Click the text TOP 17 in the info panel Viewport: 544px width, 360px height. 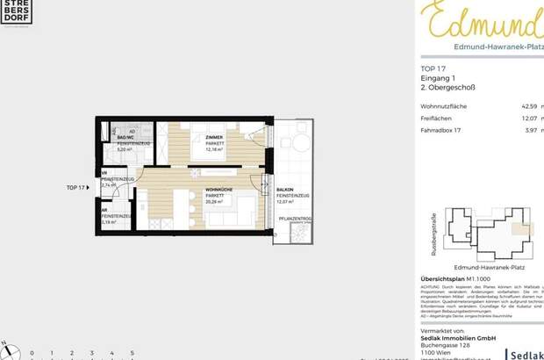[x=433, y=68]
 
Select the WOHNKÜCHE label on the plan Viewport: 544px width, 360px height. [x=218, y=189]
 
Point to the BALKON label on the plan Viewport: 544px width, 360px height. [x=285, y=189]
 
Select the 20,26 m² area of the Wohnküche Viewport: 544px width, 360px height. [x=216, y=201]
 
